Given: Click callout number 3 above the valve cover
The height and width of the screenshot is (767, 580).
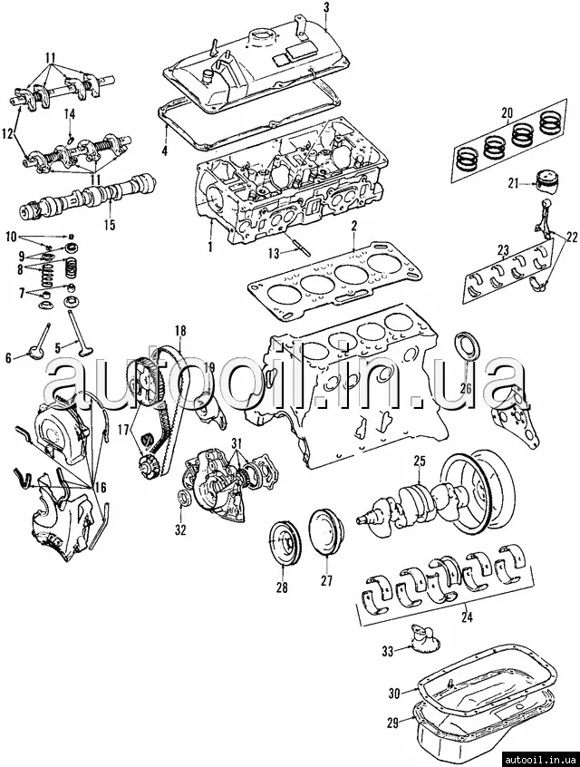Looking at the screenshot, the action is coord(326,8).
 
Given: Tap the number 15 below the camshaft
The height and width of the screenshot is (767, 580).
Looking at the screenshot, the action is coord(110,225).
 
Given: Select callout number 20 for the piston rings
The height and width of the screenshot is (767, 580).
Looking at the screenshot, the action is coord(507,113).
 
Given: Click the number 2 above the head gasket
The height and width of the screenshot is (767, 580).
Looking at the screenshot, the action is coord(354,226).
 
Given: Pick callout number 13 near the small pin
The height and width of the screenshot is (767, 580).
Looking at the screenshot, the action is coord(275,253).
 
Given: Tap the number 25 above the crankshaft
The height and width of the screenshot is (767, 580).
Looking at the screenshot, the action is coord(420,461).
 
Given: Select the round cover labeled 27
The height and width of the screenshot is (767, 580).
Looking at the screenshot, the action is coord(326,532).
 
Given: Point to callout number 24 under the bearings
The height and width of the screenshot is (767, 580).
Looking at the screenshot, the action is coord(467,617).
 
